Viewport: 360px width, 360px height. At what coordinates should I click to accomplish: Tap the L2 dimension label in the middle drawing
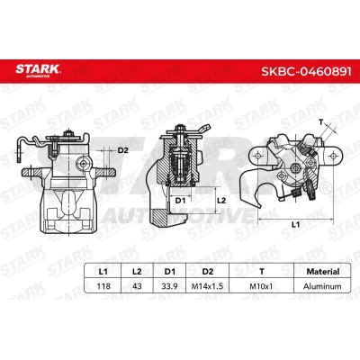click(222, 190)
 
